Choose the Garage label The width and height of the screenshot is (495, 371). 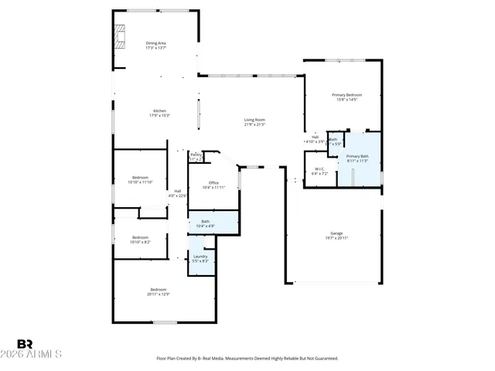[x=336, y=233]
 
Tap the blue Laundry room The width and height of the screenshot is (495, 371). [x=200, y=259]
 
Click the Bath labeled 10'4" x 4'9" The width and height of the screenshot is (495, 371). [x=206, y=223]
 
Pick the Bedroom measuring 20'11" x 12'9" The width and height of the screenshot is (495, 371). [x=158, y=291]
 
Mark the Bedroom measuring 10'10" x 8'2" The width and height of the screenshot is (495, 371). [x=140, y=239]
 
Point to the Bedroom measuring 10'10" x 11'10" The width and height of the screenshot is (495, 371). [x=140, y=179]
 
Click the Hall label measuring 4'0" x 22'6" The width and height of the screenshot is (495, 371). [x=178, y=193]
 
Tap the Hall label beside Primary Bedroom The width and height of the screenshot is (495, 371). [x=315, y=139]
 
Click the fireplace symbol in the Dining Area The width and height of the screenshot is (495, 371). [x=120, y=36]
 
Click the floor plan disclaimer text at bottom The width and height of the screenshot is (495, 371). [x=247, y=359]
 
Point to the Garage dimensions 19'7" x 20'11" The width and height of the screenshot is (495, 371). [x=336, y=238]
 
